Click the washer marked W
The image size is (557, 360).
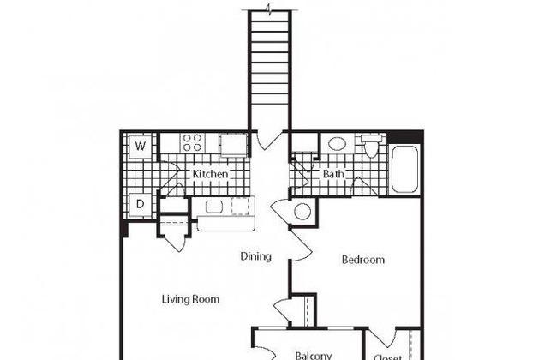tap(141, 146)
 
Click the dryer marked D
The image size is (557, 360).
tap(141, 204)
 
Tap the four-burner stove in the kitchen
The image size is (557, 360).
tap(193, 143)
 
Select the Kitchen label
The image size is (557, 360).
tap(210, 174)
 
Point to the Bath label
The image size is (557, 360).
tap(333, 174)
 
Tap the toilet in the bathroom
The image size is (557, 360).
tap(371, 146)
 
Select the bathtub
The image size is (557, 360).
tap(404, 169)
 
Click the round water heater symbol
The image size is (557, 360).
tap(302, 212)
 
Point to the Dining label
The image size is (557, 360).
tap(255, 256)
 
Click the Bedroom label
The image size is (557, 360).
tap(363, 260)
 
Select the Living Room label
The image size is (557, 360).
tap(190, 299)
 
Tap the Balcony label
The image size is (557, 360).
tap(314, 356)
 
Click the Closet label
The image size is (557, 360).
tap(387, 357)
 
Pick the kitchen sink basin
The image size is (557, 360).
tap(214, 207)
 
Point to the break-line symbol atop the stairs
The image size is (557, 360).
tap(270, 9)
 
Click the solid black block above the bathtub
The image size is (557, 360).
tap(404, 137)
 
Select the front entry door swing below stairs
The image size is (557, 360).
tap(269, 141)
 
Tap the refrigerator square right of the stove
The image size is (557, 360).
tap(234, 145)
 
